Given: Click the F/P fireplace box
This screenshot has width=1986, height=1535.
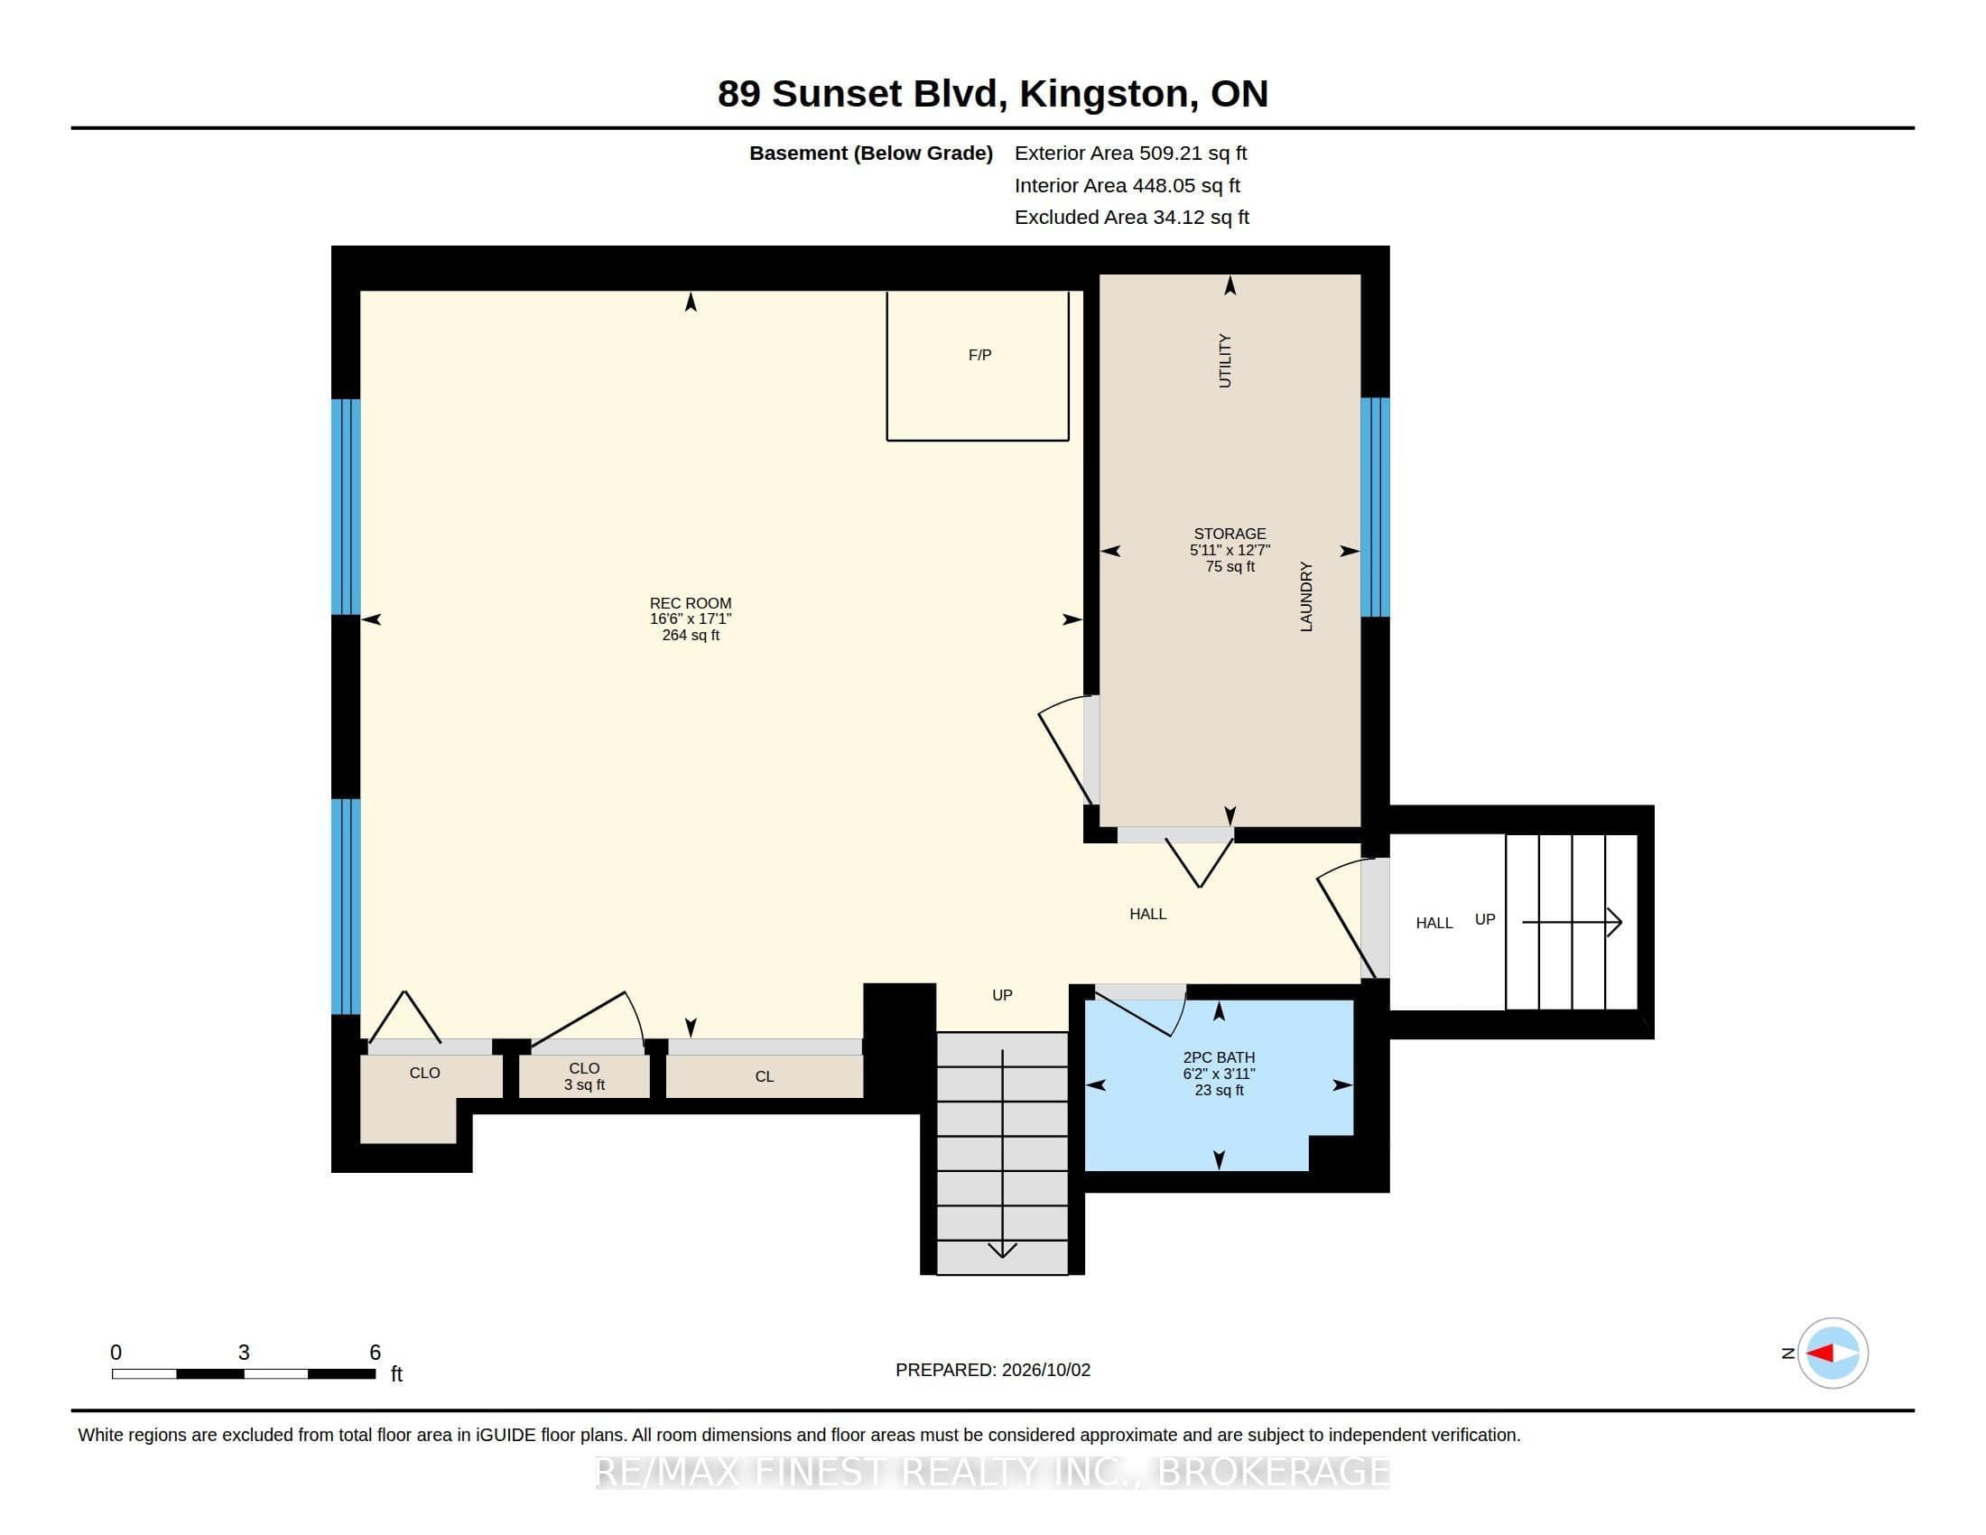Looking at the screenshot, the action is click(x=978, y=366).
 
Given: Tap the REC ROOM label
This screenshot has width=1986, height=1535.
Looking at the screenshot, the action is click(x=691, y=603).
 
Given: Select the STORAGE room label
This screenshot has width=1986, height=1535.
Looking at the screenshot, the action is click(x=1230, y=534).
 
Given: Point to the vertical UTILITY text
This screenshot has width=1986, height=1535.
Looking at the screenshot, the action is click(x=1225, y=361).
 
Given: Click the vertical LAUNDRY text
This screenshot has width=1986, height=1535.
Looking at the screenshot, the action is click(x=1306, y=597).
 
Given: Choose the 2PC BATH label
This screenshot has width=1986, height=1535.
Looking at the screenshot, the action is click(x=1219, y=1057).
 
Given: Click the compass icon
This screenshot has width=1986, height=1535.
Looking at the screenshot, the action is click(x=1833, y=1353).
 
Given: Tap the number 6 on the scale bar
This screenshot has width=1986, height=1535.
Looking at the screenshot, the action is click(x=375, y=1353).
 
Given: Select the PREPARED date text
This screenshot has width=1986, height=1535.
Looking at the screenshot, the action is click(x=993, y=1370).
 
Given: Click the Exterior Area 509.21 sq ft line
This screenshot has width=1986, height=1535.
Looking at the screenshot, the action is click(x=1130, y=153).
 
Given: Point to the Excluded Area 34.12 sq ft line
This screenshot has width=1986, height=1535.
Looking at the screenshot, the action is click(x=1131, y=218).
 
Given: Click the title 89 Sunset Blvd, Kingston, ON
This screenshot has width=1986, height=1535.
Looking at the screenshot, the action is click(x=993, y=94).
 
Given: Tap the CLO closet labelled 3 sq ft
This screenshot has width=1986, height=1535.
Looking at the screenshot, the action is click(x=584, y=1076).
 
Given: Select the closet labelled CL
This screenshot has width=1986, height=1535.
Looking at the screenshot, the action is click(x=764, y=1076).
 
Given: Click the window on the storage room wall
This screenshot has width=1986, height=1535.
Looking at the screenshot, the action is click(x=1375, y=507).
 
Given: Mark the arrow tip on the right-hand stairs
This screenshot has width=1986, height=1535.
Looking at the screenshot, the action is click(x=1621, y=922).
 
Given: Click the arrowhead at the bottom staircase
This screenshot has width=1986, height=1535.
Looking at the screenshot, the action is click(x=1002, y=1251).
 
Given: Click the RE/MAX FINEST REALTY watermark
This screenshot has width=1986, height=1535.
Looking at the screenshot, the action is click(x=993, y=1472).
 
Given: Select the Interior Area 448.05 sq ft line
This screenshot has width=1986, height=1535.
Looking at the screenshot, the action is click(x=1127, y=185).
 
